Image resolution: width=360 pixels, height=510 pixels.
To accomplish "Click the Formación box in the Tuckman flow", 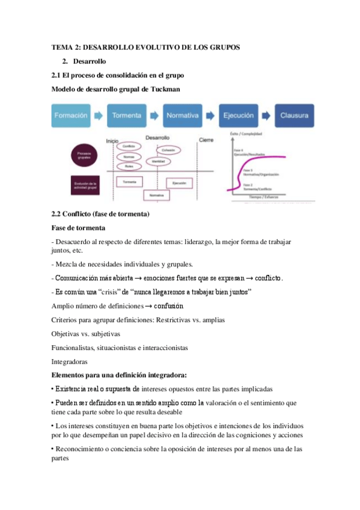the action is click(x=71, y=114).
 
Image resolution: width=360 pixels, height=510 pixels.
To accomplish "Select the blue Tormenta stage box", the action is click(x=127, y=114).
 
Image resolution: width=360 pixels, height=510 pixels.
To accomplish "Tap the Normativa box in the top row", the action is click(x=183, y=114).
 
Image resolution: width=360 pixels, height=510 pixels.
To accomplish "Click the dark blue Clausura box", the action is click(x=294, y=114).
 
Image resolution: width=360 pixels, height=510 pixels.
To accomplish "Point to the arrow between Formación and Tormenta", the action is click(x=99, y=114).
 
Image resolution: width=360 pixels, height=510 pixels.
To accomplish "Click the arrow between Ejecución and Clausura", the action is click(x=266, y=114).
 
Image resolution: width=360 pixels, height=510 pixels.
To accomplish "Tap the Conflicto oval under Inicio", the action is click(x=128, y=146).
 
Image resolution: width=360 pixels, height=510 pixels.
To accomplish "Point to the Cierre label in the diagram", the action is click(x=206, y=140).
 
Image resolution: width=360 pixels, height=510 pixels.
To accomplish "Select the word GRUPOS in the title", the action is click(x=223, y=48).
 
